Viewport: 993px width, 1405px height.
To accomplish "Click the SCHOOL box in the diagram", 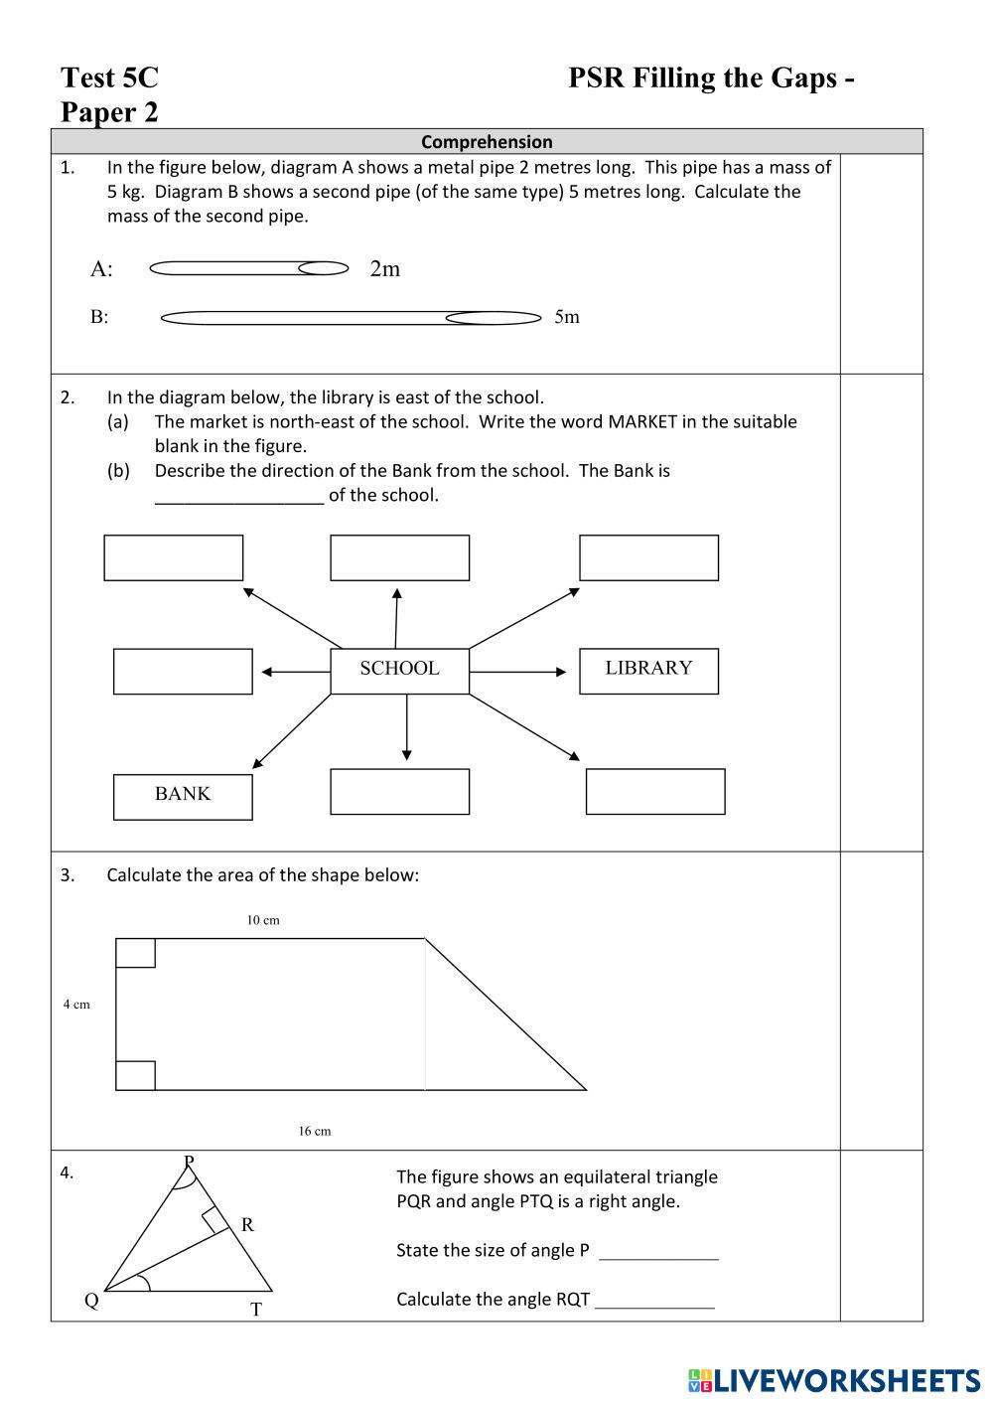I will tap(399, 670).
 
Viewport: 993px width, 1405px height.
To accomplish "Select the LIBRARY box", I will tap(648, 670).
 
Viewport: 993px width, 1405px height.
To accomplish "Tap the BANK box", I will tap(183, 796).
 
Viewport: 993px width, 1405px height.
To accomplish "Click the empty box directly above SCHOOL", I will tap(399, 557).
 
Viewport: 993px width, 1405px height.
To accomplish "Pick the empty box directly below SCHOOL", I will tap(399, 791).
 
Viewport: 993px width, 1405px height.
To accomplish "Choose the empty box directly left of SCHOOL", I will tap(183, 671).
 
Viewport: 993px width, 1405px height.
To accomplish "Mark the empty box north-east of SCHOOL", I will tap(648, 557).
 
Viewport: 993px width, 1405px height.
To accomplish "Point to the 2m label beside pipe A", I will tap(385, 269).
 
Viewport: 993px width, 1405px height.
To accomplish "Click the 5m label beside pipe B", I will tap(567, 317).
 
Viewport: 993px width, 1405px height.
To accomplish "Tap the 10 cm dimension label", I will tap(263, 920).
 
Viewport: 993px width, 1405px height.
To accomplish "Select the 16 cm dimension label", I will tap(315, 1131).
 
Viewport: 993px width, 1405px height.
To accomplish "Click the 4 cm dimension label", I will tap(76, 1005).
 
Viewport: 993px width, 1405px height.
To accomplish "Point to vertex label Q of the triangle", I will tap(91, 1301).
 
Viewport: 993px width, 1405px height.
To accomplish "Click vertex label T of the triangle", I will tap(256, 1310).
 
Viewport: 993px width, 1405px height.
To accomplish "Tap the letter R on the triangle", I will tap(247, 1225).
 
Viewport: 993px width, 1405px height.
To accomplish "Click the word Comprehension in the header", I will tap(487, 142).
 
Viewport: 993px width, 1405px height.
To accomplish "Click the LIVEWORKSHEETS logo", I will tap(834, 1380).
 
